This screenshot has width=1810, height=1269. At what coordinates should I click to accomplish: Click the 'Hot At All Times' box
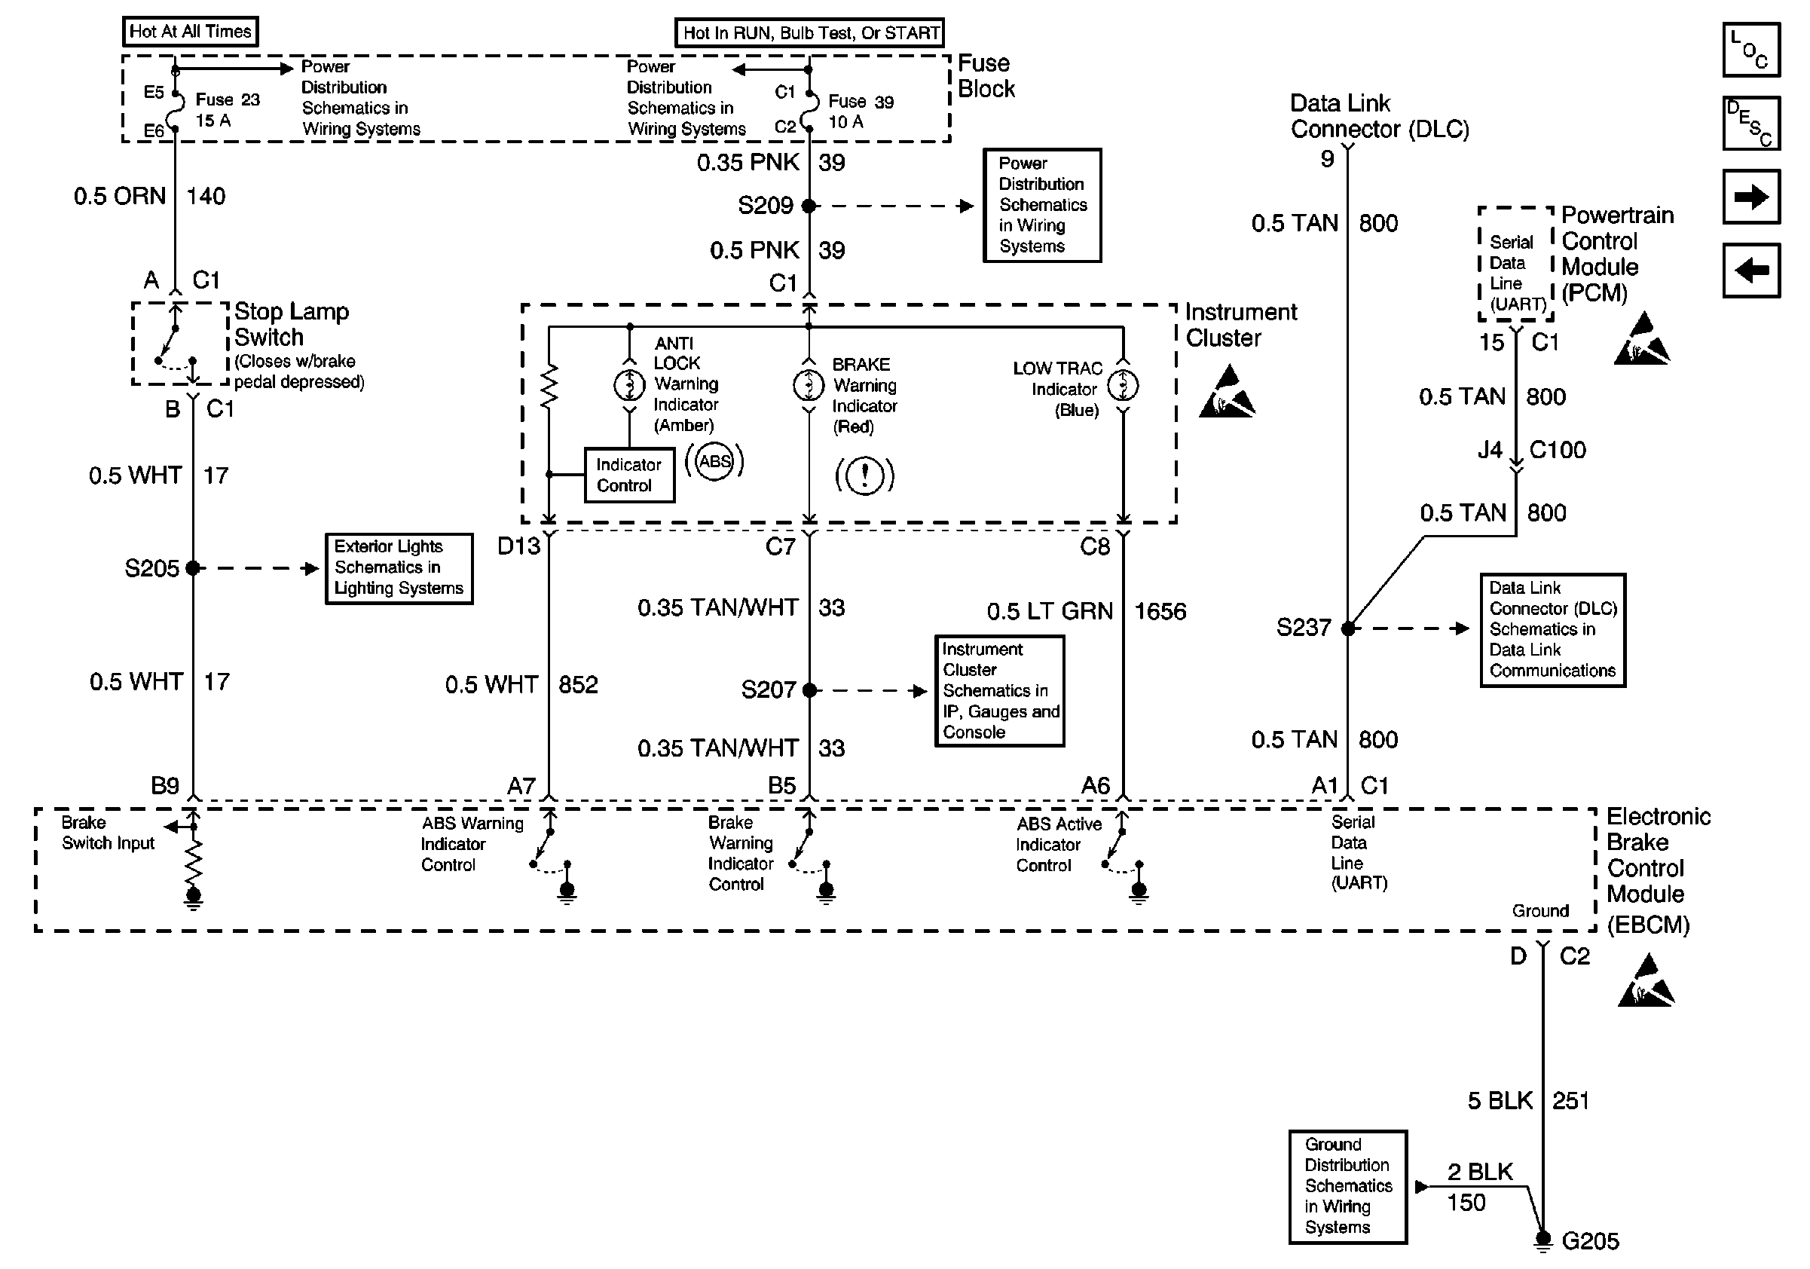pos(190,32)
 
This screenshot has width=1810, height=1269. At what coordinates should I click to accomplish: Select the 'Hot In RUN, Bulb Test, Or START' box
pos(809,33)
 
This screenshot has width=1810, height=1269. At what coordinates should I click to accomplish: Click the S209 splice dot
pos(809,206)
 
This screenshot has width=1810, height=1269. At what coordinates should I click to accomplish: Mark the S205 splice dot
pos(193,568)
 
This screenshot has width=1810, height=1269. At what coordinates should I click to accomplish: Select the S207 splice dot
pos(809,690)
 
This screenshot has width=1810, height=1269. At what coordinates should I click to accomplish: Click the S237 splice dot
pos(1348,628)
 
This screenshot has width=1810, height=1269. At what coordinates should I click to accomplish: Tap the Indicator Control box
pos(629,475)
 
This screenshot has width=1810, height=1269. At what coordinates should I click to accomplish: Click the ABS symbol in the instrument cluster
pos(714,462)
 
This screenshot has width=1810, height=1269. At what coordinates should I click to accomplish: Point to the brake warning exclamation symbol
pos(865,475)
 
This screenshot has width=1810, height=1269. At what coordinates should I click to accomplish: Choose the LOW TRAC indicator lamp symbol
pos(1123,385)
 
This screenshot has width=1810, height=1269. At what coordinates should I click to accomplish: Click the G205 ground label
pos(1590,1241)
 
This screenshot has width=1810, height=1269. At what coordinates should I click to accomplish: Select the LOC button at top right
pos(1751,50)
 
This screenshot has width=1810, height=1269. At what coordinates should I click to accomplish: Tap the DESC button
pos(1751,123)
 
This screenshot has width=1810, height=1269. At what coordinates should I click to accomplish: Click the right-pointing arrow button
pos(1751,197)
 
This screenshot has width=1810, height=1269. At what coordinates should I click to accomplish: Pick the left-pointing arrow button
pos(1751,271)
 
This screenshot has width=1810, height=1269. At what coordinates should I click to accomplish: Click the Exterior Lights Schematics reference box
pos(399,568)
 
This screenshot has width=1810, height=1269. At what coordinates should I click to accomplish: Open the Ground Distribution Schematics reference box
pos(1348,1187)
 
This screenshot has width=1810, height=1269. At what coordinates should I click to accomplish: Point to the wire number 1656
pos(1160,612)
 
